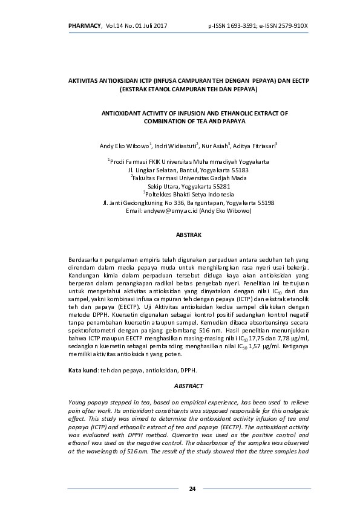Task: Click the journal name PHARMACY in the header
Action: click(x=85, y=25)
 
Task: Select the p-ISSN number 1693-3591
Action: click(x=242, y=25)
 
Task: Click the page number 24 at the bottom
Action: click(x=192, y=488)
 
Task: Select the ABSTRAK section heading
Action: click(x=188, y=233)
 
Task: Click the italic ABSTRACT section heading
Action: click(x=188, y=386)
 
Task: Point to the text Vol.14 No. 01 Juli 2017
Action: click(x=136, y=25)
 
